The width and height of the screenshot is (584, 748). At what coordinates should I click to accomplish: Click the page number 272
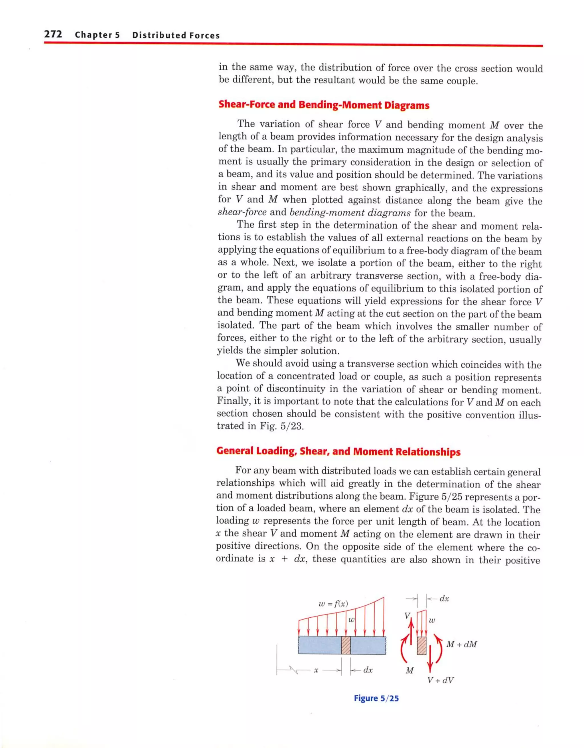pyautogui.click(x=53, y=34)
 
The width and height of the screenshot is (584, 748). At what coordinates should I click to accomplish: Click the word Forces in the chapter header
pyautogui.click(x=205, y=35)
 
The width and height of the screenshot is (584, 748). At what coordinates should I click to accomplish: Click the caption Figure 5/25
pyautogui.click(x=376, y=698)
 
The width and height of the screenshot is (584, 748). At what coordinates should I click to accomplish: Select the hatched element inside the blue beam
pyautogui.click(x=346, y=645)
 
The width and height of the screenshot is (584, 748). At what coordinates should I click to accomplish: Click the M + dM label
pyautogui.click(x=461, y=644)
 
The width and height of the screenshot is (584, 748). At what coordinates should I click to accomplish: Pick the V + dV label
pyautogui.click(x=441, y=680)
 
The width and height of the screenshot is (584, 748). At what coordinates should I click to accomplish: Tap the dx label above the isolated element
pyautogui.click(x=444, y=598)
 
